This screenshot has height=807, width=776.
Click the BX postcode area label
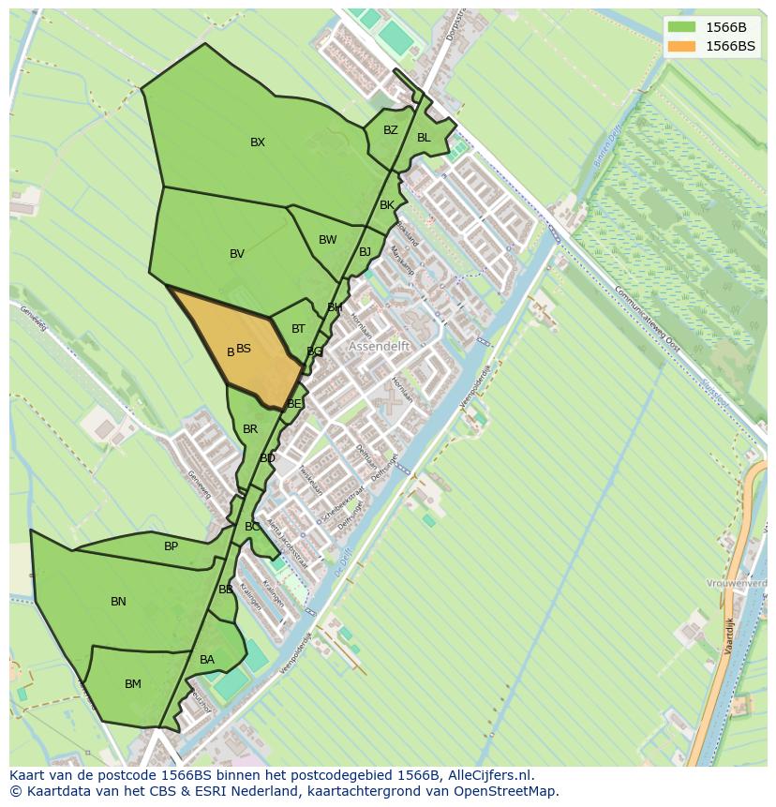coord(258,142)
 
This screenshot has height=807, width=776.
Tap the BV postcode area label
coord(237,254)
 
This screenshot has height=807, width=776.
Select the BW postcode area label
coord(327,240)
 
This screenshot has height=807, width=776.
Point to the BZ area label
coord(391,130)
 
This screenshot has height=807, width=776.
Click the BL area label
coord(424,138)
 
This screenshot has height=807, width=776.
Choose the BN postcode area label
coord(118,602)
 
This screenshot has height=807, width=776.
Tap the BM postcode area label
coord(133,684)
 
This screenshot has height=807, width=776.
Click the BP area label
coord(171,546)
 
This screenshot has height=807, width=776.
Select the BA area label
coord(207,660)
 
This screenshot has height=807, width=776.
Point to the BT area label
coord(298,329)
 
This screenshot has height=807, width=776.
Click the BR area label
coord(250,429)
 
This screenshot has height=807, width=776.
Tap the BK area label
coord(387,205)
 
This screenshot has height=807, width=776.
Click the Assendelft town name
coord(380,346)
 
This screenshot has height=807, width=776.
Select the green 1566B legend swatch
coord(681,26)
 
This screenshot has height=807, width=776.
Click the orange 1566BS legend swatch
coord(681,45)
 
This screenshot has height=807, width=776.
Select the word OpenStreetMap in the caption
coord(503,791)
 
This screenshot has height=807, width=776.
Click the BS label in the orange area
coord(244,349)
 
